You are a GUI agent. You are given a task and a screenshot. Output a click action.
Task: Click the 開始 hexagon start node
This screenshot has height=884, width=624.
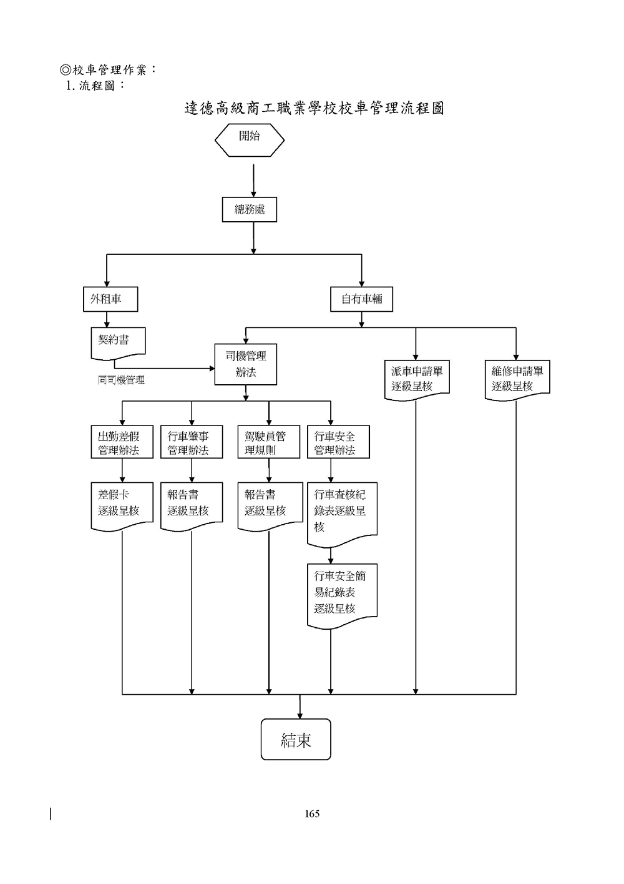[x=250, y=141]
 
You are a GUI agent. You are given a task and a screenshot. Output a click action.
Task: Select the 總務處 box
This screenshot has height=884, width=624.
[x=250, y=210]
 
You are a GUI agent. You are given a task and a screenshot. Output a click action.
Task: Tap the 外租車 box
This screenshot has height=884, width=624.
[x=110, y=299]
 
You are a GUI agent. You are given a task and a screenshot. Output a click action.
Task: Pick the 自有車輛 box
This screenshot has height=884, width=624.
[x=362, y=299]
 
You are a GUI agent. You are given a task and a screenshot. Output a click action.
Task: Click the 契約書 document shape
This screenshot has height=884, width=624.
[x=119, y=343]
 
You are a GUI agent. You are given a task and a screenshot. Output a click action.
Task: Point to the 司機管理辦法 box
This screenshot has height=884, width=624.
[x=245, y=364]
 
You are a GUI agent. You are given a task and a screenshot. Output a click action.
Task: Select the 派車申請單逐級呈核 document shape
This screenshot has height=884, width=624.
[x=416, y=379]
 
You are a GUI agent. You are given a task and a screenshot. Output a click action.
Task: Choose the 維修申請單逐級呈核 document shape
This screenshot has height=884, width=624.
[x=517, y=379]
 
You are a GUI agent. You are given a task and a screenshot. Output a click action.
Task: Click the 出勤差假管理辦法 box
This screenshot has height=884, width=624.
[x=122, y=442]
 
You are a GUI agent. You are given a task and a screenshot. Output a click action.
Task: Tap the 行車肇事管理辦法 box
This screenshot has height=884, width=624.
[x=192, y=442]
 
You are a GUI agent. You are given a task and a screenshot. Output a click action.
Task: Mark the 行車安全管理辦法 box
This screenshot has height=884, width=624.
[x=338, y=442]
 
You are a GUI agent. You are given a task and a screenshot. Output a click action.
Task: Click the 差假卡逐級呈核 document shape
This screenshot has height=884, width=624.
[x=122, y=504]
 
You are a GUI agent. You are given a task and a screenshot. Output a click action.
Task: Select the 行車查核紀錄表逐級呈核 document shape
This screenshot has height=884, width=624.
[x=342, y=512]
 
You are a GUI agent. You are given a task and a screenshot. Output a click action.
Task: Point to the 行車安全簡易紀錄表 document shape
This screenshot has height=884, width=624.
[x=342, y=593]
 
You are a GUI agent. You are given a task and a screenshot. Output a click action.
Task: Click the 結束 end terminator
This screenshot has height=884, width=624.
[x=296, y=740]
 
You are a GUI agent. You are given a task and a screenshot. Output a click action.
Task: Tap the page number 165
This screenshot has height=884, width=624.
[x=312, y=813]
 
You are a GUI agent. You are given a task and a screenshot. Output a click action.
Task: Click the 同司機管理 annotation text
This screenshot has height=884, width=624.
[x=121, y=380]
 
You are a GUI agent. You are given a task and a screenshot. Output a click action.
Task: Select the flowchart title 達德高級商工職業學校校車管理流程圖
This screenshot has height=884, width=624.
[x=314, y=108]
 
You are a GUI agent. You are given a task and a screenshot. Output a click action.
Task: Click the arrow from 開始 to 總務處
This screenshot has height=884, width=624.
[x=254, y=181]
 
